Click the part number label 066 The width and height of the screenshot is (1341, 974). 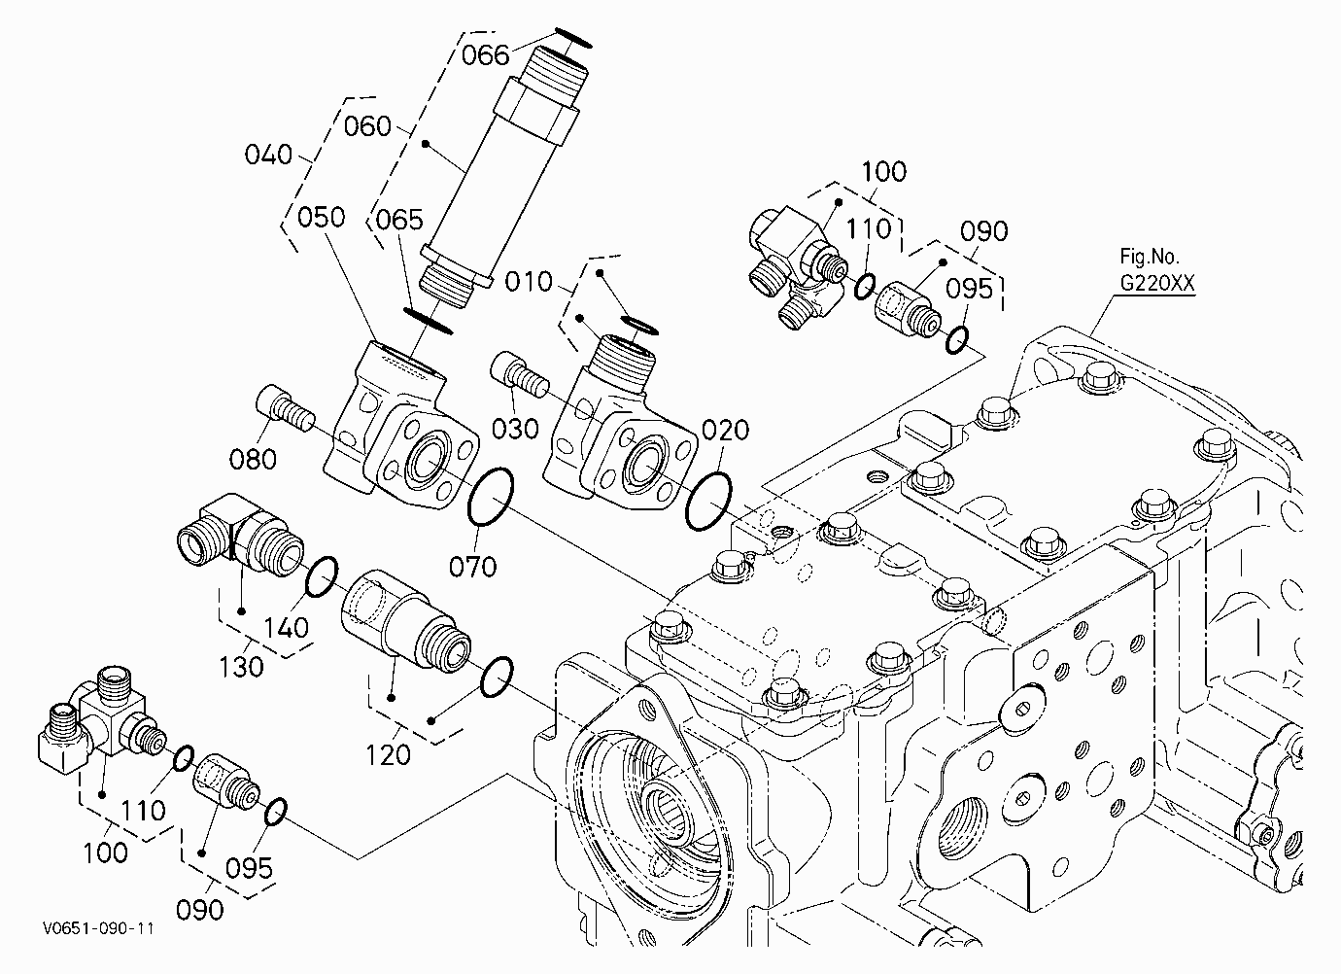click(x=485, y=55)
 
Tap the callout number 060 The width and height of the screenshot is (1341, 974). click(x=367, y=126)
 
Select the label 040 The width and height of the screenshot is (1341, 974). click(x=268, y=155)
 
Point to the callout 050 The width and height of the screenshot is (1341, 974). click(x=322, y=217)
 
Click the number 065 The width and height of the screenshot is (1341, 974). click(x=399, y=220)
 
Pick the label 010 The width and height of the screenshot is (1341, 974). click(x=528, y=282)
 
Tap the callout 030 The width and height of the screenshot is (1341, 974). click(x=515, y=429)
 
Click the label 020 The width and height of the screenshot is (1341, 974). click(x=726, y=430)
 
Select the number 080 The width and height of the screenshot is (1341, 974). click(x=253, y=460)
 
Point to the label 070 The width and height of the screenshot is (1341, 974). click(x=473, y=567)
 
